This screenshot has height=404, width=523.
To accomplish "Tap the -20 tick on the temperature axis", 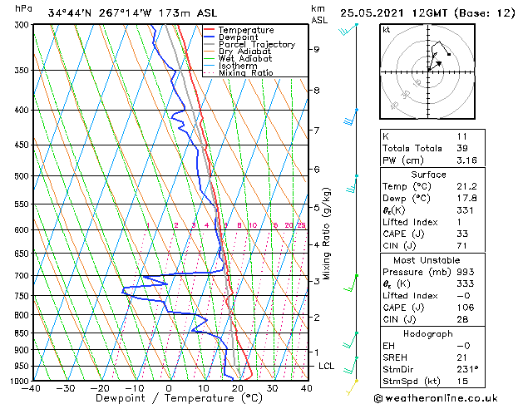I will (100, 388).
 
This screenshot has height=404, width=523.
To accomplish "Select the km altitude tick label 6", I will (316, 169).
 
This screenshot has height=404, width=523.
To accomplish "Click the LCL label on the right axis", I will (326, 366).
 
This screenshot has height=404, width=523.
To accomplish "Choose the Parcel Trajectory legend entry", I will (256, 45).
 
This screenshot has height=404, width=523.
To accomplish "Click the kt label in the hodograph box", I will (386, 29).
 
